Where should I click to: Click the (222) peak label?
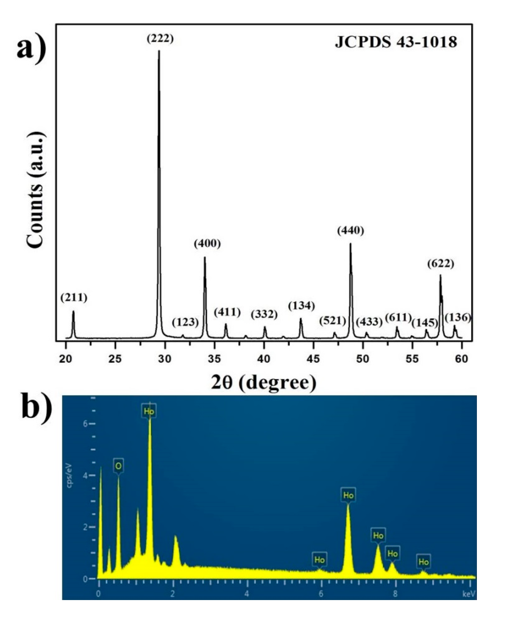160,39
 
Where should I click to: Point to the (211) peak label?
74,298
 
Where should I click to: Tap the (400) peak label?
207,243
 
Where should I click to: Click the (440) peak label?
350,231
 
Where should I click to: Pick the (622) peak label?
440,263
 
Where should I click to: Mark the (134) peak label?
301,306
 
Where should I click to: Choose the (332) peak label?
264,314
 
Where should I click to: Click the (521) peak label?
332,321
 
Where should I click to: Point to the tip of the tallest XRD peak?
159,51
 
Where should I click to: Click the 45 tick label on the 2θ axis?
313,359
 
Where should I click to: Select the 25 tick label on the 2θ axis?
115,359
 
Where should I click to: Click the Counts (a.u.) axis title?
36,189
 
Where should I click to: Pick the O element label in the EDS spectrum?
118,466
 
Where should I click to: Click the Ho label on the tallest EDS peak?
149,412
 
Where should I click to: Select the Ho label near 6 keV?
319,560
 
